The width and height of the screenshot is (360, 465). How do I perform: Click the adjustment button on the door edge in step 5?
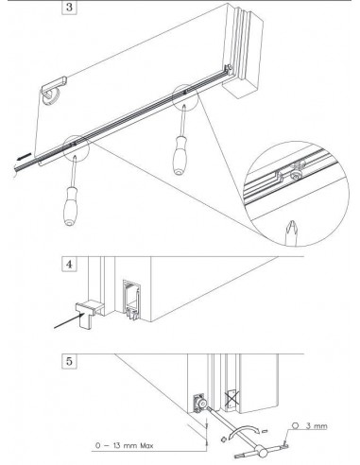pyautogui.click(x=200, y=402)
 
